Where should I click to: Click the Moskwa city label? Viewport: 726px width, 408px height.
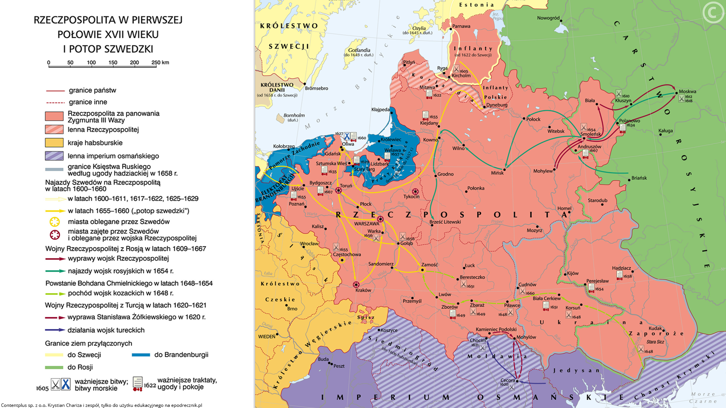click(x=687, y=91)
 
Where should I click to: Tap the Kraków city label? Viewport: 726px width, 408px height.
click(x=363, y=290)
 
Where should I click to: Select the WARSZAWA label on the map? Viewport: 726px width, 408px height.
click(x=366, y=224)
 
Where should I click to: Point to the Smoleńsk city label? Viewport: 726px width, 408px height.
click(x=591, y=134)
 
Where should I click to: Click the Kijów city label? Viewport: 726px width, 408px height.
click(x=572, y=273)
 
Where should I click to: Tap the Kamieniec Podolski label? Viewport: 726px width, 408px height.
click(x=496, y=329)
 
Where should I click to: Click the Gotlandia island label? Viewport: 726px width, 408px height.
click(x=359, y=50)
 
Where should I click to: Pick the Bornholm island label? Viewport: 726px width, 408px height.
click(x=294, y=115)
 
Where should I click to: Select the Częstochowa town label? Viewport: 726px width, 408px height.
click(x=347, y=254)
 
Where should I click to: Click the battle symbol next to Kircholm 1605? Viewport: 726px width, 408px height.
click(x=456, y=69)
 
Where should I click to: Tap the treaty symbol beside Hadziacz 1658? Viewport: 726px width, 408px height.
click(x=619, y=275)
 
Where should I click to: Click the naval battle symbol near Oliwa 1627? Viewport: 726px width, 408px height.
click(x=347, y=136)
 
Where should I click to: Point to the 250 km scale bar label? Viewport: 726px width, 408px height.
click(x=160, y=62)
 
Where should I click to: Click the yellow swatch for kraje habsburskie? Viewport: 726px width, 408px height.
click(x=54, y=143)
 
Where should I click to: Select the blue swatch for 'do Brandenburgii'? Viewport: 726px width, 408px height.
click(x=141, y=355)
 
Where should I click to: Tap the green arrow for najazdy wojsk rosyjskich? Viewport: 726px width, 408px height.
click(x=55, y=271)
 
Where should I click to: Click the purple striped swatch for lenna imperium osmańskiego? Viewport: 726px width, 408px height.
click(x=54, y=156)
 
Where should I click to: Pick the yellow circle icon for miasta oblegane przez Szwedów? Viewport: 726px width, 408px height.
click(x=55, y=222)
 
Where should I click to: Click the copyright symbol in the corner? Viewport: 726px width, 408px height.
click(x=713, y=13)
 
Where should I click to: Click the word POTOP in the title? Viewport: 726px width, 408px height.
click(x=88, y=49)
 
